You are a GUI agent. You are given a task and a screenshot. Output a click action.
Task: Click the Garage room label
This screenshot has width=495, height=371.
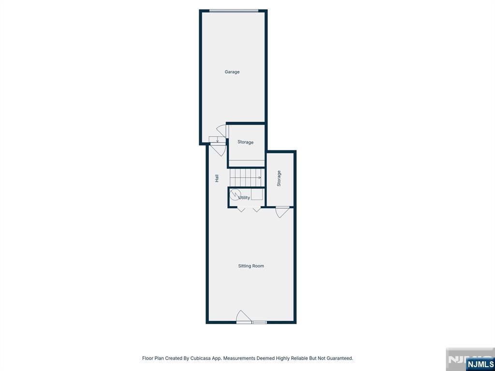(x=232, y=72)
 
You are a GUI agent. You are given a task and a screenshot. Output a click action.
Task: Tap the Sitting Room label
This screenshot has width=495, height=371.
(x=251, y=266)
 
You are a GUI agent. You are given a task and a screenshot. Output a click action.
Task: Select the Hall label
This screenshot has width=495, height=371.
(x=217, y=179)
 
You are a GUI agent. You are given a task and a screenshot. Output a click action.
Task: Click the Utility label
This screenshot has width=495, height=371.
(x=244, y=198)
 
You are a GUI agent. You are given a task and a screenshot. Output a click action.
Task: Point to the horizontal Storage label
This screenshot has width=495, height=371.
(x=245, y=143)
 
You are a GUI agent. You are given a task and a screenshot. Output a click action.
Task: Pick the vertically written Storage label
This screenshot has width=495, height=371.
(x=279, y=179)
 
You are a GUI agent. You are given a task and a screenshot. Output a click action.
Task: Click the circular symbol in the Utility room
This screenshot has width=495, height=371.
(x=235, y=195)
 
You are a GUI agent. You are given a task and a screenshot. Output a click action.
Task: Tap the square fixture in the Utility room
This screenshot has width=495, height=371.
(x=257, y=194)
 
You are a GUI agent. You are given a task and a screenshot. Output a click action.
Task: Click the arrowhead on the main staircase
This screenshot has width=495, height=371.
(x=260, y=178)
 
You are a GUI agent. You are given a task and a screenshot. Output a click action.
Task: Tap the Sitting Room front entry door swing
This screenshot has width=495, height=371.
(x=243, y=316)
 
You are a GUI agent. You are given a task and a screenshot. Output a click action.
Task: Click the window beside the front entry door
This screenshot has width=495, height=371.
(x=259, y=322)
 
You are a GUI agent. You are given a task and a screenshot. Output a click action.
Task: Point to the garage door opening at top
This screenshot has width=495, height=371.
(x=234, y=11)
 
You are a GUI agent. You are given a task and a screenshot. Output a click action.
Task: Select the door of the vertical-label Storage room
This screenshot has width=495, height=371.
(x=282, y=212)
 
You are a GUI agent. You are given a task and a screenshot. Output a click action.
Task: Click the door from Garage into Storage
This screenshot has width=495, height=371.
(x=221, y=130)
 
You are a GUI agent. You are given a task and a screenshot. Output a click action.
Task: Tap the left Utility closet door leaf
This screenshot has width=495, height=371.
(x=242, y=209)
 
